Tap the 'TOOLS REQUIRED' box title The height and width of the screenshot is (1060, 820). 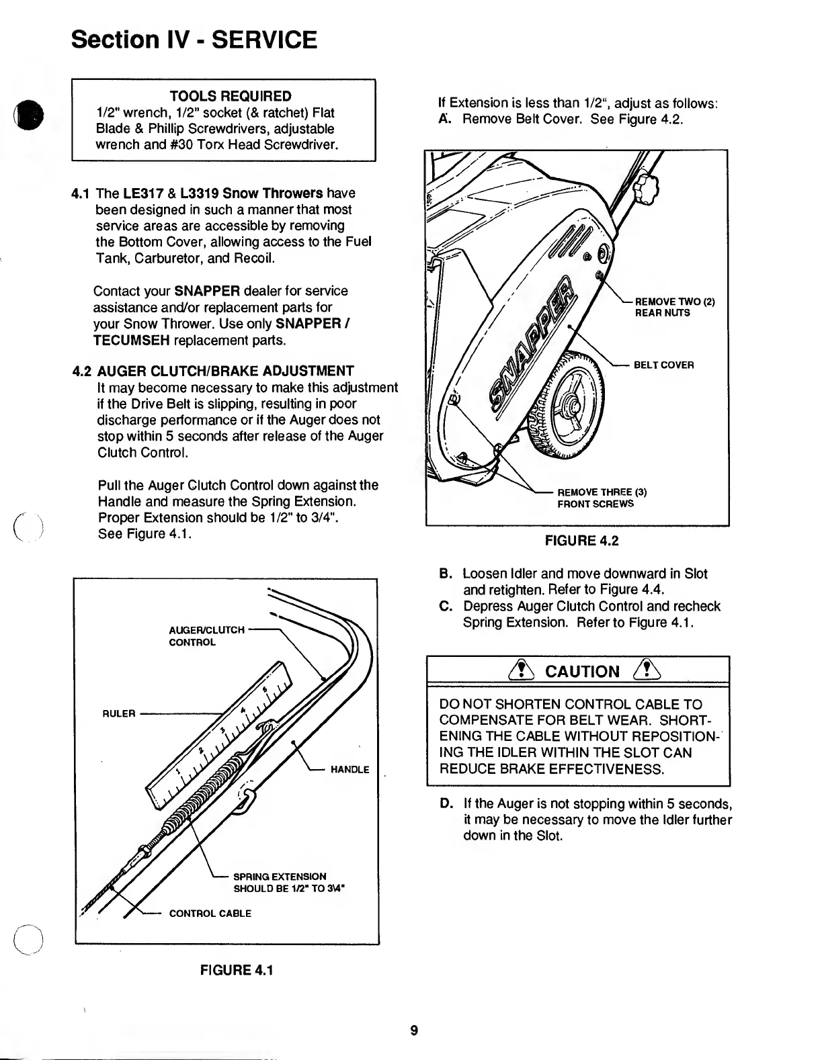point(231,96)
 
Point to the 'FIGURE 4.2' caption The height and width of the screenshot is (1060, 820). point(579,541)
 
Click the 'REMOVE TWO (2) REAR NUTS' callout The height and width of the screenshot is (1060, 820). point(674,307)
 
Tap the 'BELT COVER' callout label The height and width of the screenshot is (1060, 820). point(664,365)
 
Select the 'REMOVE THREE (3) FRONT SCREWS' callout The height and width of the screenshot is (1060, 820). point(602,498)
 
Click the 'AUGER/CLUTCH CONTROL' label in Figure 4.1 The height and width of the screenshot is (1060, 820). point(206,635)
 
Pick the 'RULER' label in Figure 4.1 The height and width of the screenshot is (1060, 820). point(119,713)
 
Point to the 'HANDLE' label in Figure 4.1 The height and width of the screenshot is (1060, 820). point(350,770)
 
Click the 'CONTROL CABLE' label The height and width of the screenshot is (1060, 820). point(210,914)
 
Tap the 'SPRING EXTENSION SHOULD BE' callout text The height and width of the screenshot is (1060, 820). point(289,883)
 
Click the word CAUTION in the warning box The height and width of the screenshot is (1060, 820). point(582,672)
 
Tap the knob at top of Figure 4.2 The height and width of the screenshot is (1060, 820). point(648,189)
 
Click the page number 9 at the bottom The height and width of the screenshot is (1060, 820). point(415,1030)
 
